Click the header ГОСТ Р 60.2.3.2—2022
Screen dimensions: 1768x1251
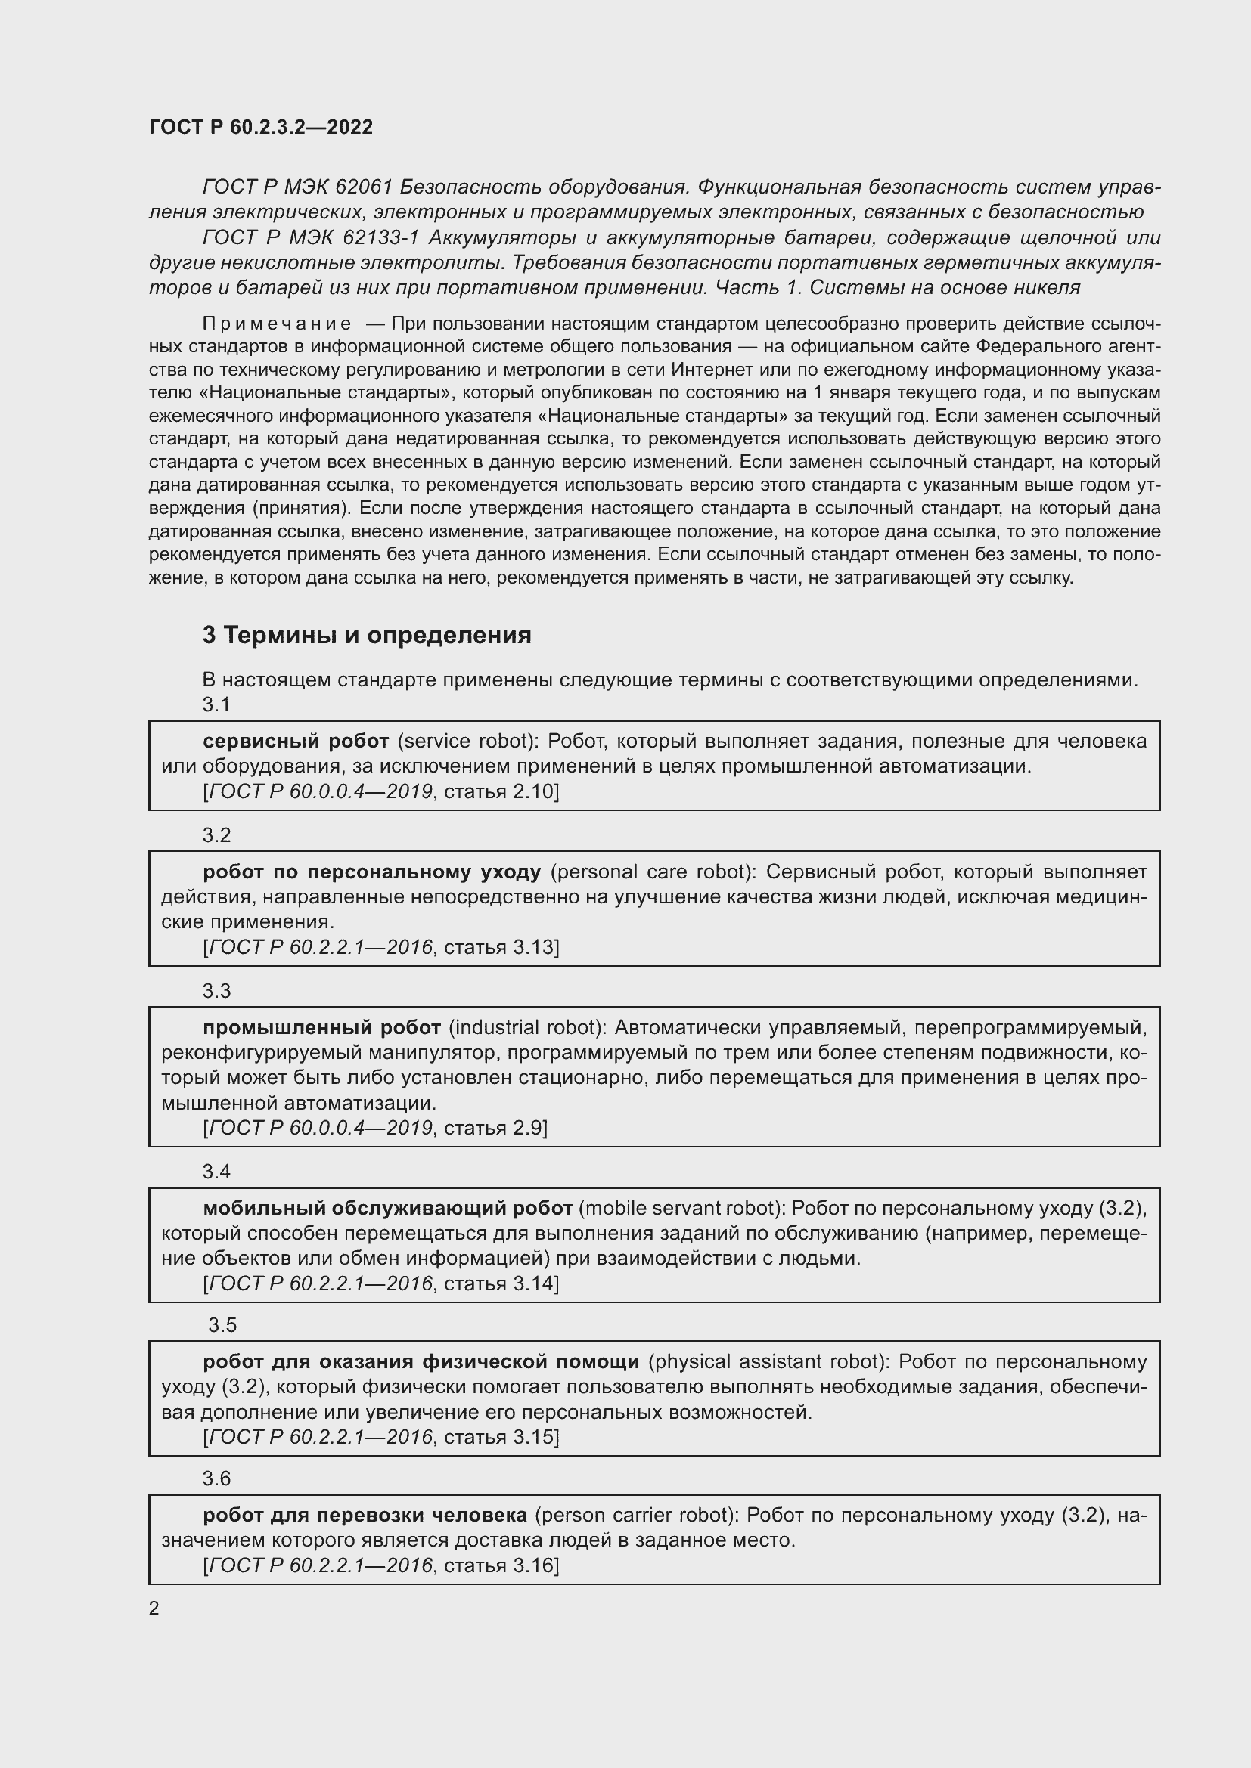[x=260, y=127]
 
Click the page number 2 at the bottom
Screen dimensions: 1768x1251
[x=154, y=1608]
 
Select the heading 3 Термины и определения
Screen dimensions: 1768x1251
[x=367, y=635]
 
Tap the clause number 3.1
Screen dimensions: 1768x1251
[x=216, y=704]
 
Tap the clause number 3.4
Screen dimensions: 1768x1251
[x=216, y=1171]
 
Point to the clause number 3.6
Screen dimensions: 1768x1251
[x=216, y=1478]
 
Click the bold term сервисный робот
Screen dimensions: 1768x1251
[x=296, y=741]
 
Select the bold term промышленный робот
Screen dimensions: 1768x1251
[x=321, y=1027]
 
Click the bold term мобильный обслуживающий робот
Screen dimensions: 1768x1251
[x=387, y=1207]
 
